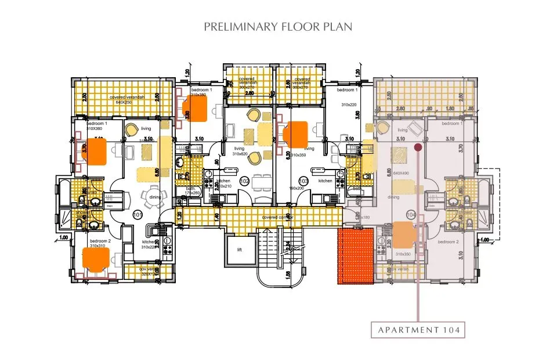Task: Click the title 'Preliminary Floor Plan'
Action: [278, 27]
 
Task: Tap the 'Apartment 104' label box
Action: [418, 330]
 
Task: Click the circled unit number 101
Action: [138, 215]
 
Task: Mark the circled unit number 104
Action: [411, 215]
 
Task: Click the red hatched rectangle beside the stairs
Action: [356, 256]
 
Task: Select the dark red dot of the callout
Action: [418, 149]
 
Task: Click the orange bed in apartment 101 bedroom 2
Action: [96, 257]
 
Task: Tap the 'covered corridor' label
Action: [277, 217]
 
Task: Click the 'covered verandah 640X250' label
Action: [124, 99]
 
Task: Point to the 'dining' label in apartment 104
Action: [393, 197]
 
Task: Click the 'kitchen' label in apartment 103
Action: [325, 181]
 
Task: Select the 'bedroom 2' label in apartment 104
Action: [449, 242]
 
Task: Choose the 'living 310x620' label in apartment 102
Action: [239, 151]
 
